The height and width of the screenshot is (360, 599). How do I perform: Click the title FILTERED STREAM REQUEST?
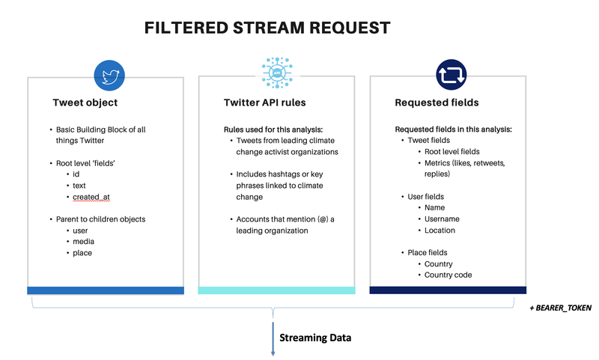(x=267, y=28)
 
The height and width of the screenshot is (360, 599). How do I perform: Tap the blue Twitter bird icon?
(x=109, y=74)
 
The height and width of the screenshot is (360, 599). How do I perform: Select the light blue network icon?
(x=276, y=74)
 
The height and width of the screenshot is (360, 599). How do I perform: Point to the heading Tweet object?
(x=85, y=103)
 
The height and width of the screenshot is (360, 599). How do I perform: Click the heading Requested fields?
(x=437, y=103)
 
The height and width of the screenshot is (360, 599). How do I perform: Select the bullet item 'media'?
(x=83, y=242)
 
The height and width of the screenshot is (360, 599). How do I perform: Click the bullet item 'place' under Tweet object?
(x=82, y=253)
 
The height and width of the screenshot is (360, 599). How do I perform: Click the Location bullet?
(x=440, y=231)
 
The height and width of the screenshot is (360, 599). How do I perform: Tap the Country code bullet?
(x=448, y=275)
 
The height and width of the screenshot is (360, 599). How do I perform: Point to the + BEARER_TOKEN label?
(x=559, y=308)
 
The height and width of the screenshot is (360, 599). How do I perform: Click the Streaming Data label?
(x=315, y=338)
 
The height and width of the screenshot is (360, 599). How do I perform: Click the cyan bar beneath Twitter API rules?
(x=277, y=290)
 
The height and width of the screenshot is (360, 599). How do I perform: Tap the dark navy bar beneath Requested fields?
(x=448, y=290)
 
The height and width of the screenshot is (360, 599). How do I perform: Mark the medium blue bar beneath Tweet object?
(x=106, y=290)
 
